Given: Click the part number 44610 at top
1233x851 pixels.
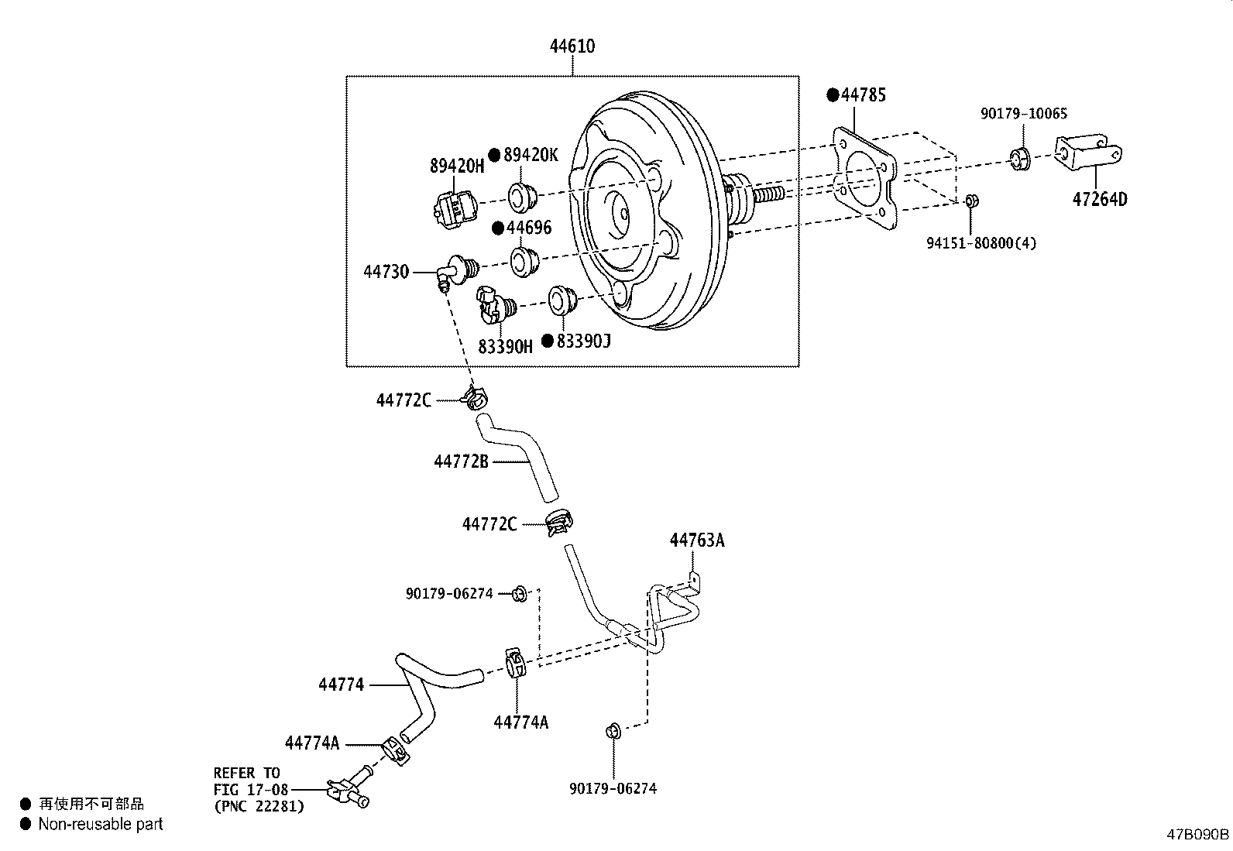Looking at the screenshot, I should [x=572, y=46].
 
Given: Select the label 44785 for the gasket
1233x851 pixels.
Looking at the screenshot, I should [x=864, y=95].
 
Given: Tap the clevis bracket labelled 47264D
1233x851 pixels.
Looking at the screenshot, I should [x=1089, y=154].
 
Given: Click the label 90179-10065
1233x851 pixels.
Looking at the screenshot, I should [x=1024, y=114].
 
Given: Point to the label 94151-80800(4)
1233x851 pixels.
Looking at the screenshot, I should [x=981, y=243].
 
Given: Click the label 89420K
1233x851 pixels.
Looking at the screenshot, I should [x=531, y=155].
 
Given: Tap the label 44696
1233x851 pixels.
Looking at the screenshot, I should [x=529, y=228].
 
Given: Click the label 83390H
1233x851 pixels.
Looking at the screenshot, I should [x=505, y=346].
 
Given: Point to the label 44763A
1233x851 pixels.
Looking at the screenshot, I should [x=697, y=540].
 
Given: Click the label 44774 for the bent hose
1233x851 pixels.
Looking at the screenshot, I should [x=341, y=685].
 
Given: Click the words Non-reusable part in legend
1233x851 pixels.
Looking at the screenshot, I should [x=101, y=825].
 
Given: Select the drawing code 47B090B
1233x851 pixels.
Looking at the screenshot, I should [x=1198, y=835].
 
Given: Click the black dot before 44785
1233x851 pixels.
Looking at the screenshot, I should [x=833, y=95].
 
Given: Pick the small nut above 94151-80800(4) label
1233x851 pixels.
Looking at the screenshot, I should [x=973, y=201].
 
